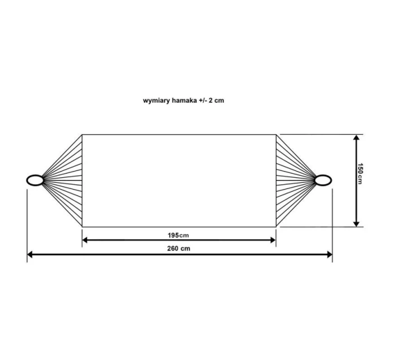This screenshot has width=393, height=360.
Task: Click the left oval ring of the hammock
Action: pyautogui.click(x=35, y=180)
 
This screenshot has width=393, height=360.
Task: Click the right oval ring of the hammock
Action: pyautogui.click(x=323, y=180)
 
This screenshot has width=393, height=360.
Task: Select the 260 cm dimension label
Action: pyautogui.click(x=179, y=248)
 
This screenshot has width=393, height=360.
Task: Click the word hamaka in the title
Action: pyautogui.click(x=184, y=101)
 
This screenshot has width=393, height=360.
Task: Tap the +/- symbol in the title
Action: pyautogui.click(x=203, y=101)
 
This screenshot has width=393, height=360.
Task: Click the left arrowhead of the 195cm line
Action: pyautogui.click(x=85, y=240)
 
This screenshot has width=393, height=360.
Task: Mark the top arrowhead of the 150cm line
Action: pyautogui.click(x=356, y=138)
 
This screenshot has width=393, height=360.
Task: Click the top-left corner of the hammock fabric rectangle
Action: pyautogui.click(x=83, y=135)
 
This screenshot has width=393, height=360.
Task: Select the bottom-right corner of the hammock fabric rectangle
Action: pyautogui.click(x=276, y=227)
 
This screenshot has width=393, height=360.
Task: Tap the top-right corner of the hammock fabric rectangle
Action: pyautogui.click(x=276, y=135)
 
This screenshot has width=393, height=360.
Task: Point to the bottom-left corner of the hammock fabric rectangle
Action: pyautogui.click(x=83, y=227)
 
